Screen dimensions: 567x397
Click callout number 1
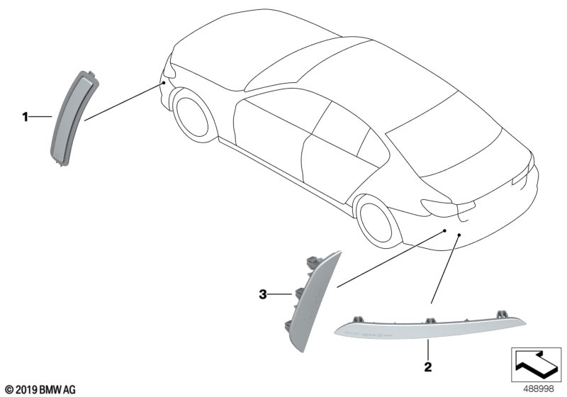coord(25,117)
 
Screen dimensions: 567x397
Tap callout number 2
coord(428,367)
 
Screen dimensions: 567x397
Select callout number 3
coord(263,294)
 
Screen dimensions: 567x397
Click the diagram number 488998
coord(538,389)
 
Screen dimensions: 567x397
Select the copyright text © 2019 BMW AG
coord(40,390)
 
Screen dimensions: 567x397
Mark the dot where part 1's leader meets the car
coord(164,83)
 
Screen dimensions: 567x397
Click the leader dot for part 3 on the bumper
coord(444,230)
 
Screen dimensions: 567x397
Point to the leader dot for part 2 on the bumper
coord(459,235)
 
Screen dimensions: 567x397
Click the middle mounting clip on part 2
coord(430,320)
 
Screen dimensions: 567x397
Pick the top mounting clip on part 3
coord(313,261)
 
